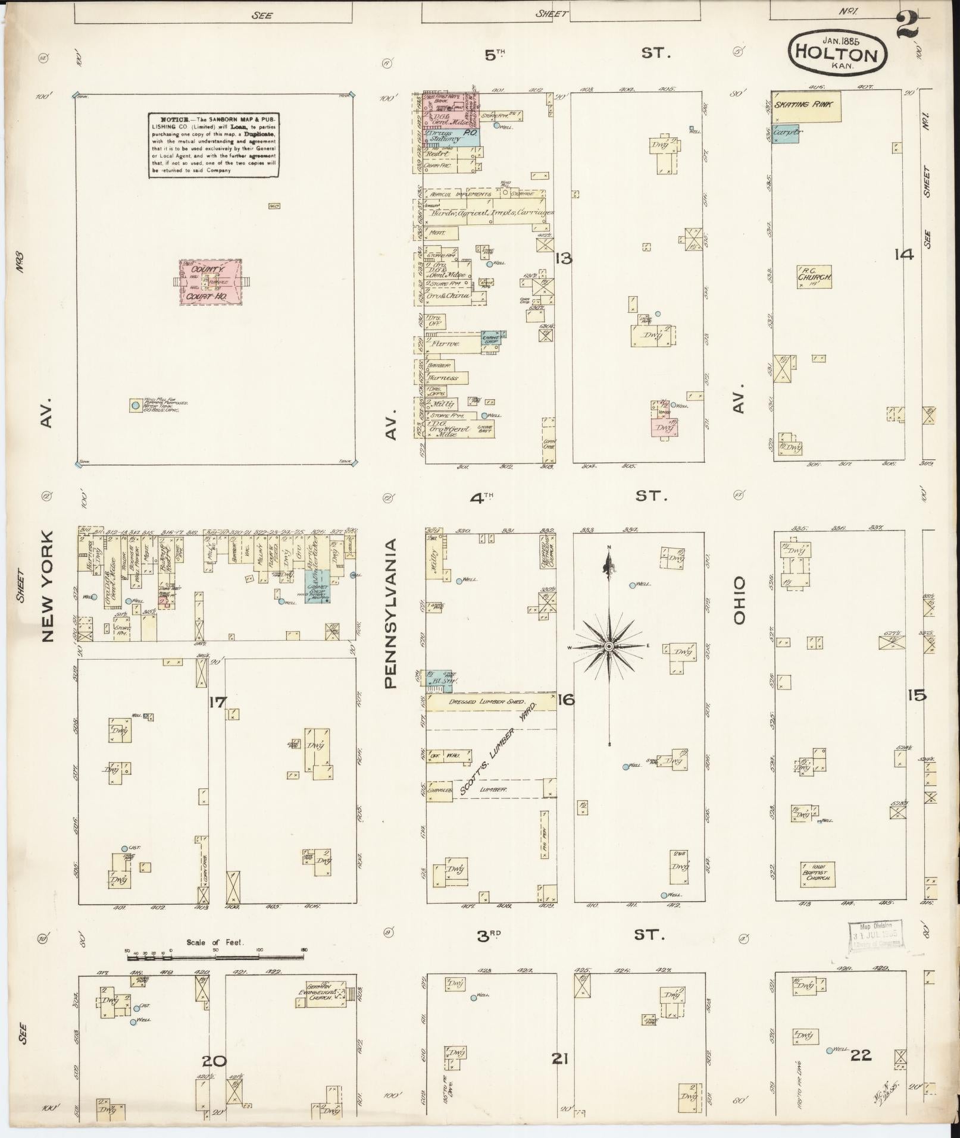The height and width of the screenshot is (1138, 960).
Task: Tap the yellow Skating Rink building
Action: [x=806, y=106]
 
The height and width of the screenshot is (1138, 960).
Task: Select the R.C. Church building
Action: [x=814, y=277]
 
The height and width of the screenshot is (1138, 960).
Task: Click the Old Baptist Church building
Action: [x=817, y=873]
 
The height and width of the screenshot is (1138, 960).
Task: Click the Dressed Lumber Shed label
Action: [x=490, y=702]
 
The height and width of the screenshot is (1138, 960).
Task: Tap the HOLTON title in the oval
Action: [x=839, y=55]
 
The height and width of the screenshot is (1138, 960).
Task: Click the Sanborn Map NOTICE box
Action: [x=214, y=145]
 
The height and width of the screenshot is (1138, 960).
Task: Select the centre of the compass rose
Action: [x=609, y=646]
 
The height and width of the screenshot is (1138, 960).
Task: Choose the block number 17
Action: [x=217, y=703]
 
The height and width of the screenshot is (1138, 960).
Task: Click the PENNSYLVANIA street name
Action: [x=390, y=613]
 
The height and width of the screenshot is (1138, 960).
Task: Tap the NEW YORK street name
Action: [x=48, y=586]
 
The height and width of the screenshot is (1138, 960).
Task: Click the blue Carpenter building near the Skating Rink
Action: [x=785, y=133]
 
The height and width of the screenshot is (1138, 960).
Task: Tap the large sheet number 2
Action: [x=906, y=25]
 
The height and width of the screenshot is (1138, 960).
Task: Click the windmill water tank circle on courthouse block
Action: [x=136, y=405]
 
